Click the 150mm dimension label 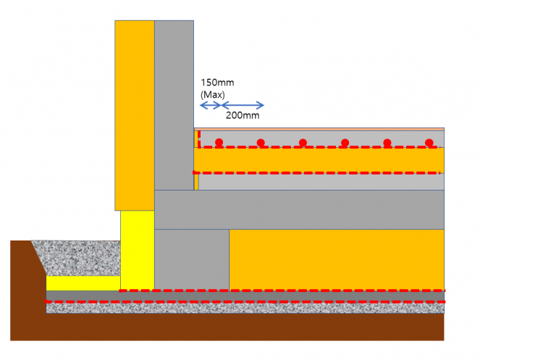pyautogui.click(x=216, y=83)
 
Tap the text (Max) pyautogui.click(x=213, y=94)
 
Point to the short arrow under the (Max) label pyautogui.click(x=210, y=106)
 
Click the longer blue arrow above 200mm pyautogui.click(x=243, y=106)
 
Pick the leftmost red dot pyautogui.click(x=219, y=142)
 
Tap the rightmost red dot pyautogui.click(x=429, y=142)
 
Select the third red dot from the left pyautogui.click(x=303, y=142)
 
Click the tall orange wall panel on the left pyautogui.click(x=135, y=114)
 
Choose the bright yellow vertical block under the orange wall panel pyautogui.click(x=137, y=250)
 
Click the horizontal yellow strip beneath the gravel pyautogui.click(x=83, y=283)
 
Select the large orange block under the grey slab pyautogui.click(x=337, y=259)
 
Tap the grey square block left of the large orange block pyautogui.click(x=192, y=259)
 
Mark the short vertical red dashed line pyautogui.click(x=199, y=139)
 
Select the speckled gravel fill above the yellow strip pyautogui.click(x=76, y=258)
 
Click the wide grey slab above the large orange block pyautogui.click(x=300, y=209)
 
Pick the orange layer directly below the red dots pyautogui.click(x=319, y=159)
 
